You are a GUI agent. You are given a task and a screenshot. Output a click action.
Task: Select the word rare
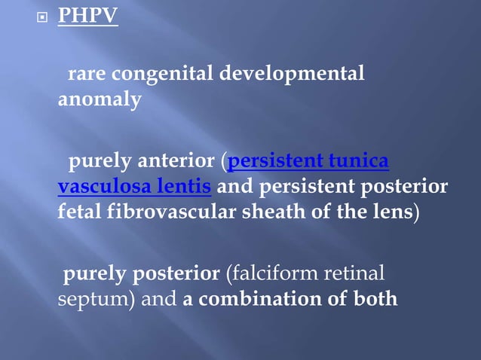coord(87,74)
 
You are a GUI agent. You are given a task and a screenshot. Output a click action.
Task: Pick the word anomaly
coord(100,99)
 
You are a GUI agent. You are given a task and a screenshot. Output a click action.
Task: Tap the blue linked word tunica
coord(359,161)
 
